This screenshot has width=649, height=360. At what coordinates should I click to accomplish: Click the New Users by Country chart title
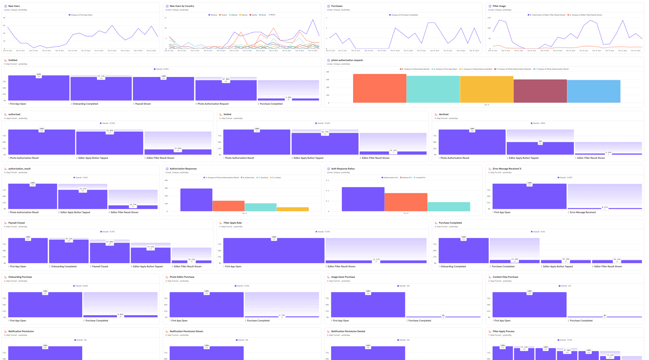pos(181,6)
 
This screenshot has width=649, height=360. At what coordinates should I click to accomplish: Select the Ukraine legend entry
pos(213,15)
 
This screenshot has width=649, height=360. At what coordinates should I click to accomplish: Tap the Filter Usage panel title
pos(499,6)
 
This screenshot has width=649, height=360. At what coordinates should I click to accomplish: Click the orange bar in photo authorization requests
pos(379,88)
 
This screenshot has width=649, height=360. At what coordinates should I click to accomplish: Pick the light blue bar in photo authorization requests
pos(593,91)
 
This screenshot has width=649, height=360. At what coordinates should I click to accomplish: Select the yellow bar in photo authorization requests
pos(486,89)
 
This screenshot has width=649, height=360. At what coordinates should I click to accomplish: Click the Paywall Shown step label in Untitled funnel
pos(143,104)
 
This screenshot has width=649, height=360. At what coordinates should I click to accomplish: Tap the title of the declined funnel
pos(443,114)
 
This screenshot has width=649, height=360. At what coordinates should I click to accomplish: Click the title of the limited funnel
pos(227,114)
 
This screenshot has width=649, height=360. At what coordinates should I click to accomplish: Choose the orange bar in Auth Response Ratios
pos(405,202)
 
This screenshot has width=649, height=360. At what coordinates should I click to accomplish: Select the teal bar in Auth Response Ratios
pos(448,206)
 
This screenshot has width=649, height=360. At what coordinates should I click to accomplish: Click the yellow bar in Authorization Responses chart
pos(292,209)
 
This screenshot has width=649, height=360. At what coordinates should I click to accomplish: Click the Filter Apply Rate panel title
pos(232,223)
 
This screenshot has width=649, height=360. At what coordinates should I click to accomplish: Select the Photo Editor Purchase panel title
pos(181,277)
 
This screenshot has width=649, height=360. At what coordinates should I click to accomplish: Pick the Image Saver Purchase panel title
pos(343,277)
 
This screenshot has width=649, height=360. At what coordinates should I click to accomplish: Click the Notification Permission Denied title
pos(348,332)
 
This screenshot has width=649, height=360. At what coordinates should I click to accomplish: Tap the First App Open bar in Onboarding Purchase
pos(45,305)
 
